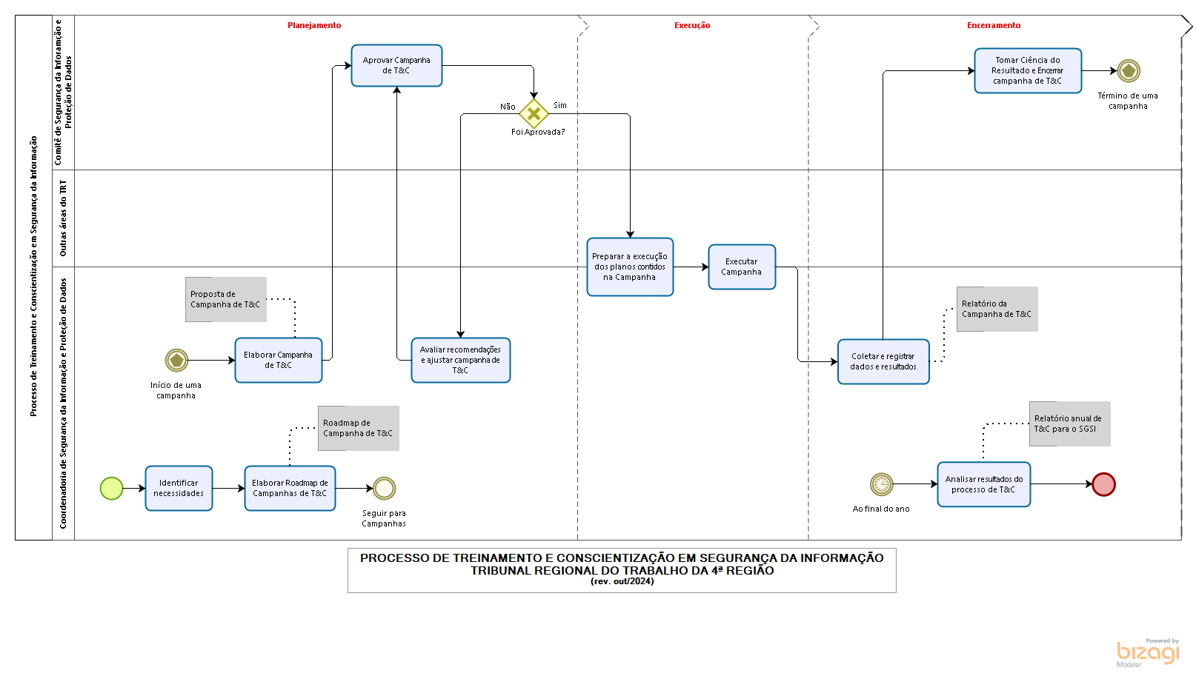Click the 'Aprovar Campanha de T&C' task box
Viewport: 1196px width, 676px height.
396,66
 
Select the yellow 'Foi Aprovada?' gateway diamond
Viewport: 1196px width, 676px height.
534,113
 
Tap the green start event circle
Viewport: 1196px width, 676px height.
112,488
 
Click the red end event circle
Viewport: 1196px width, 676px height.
1103,484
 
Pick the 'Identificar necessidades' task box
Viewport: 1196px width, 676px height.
179,488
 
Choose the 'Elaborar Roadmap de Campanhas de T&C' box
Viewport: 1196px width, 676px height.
290,488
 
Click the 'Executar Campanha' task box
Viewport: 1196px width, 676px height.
742,267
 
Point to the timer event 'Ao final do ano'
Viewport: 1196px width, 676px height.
882,484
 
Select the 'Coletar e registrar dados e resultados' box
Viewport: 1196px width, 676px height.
883,362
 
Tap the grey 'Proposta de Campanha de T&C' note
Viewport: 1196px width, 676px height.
226,299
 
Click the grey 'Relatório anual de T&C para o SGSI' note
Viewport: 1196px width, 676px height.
1070,424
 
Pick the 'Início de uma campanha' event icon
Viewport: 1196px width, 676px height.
176,360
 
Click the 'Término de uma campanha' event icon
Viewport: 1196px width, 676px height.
1129,70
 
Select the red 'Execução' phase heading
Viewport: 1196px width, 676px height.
692,25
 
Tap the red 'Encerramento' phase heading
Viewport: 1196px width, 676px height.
994,25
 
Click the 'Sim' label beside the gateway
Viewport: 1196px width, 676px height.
560,105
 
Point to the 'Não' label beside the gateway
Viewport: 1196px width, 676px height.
508,107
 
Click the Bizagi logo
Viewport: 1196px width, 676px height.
1148,653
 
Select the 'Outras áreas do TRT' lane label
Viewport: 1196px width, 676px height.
63,218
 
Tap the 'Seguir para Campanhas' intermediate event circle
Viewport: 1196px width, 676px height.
384,488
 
